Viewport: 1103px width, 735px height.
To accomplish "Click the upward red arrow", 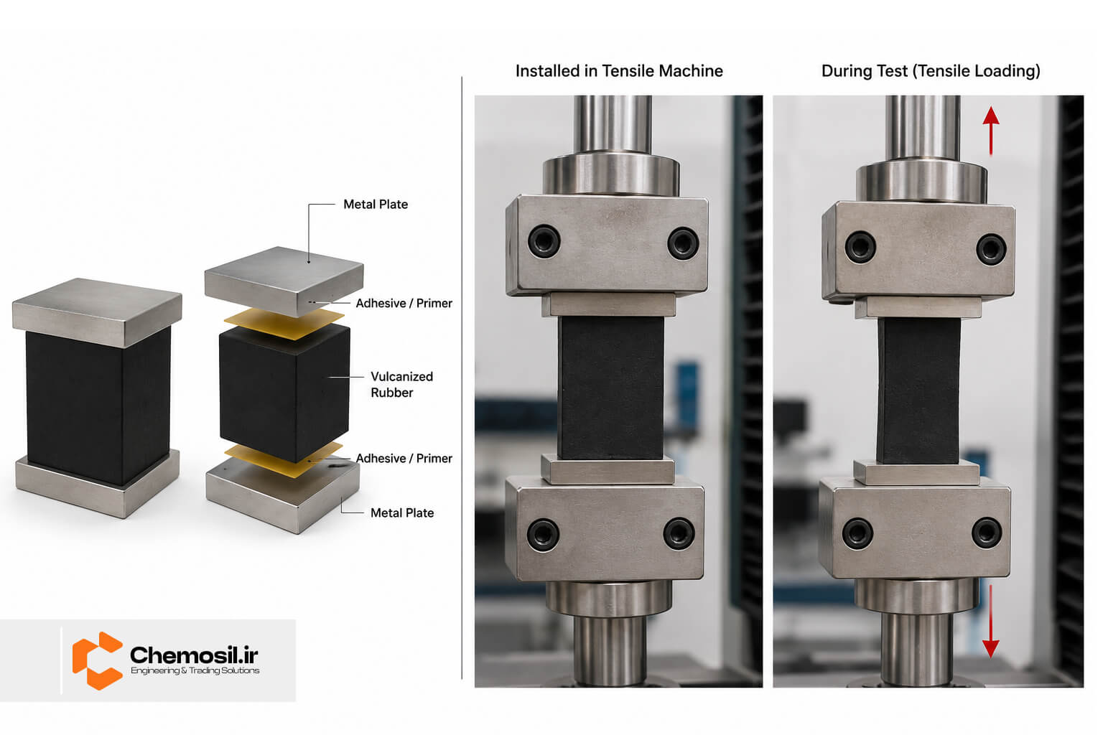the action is pos(991,131).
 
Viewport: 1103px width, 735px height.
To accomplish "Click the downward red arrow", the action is pos(990,622).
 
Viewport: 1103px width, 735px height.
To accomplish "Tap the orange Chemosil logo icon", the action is pos(97,660).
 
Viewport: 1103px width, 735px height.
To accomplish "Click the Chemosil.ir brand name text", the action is pos(194,655).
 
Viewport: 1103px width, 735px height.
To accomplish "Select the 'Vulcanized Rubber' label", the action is pos(402,385).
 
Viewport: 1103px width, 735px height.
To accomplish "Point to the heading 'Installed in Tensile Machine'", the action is pos(619,71).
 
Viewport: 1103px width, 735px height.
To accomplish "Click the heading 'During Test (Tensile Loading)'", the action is pos(931,71).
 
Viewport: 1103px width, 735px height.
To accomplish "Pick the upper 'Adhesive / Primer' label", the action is pos(404,303).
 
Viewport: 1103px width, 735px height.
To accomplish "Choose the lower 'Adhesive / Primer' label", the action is pos(404,459).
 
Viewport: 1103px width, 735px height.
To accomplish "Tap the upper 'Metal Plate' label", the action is pos(376,205).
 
